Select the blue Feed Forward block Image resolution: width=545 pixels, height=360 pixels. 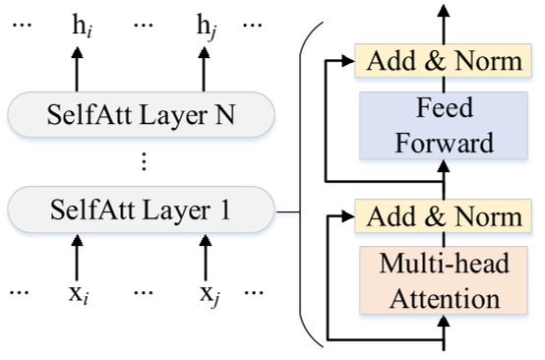(x=443, y=125)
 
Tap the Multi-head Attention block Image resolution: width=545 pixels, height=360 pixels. (x=443, y=281)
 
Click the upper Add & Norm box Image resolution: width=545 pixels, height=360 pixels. (x=443, y=61)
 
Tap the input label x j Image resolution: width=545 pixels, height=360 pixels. (x=207, y=291)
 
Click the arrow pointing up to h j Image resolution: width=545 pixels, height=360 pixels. (x=206, y=71)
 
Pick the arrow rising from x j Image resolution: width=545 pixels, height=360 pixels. (x=206, y=254)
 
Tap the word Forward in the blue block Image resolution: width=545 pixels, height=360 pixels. (x=443, y=143)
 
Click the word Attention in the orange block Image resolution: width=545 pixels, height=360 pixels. (x=443, y=298)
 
